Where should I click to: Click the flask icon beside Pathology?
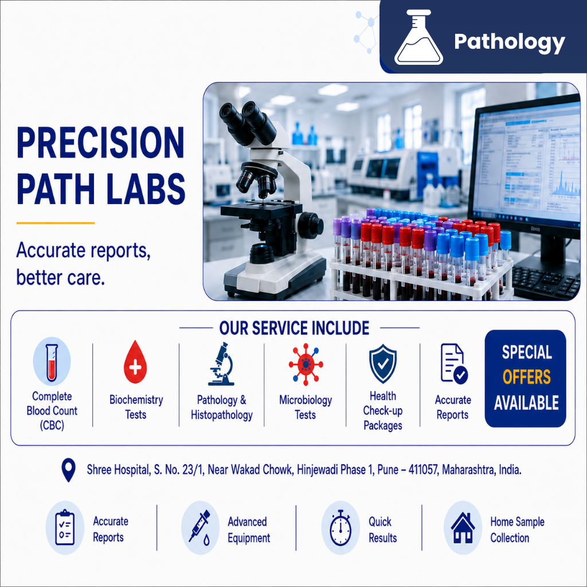pos(418,37)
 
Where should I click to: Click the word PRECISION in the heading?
pos(100,143)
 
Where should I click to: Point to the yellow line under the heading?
pos(56,223)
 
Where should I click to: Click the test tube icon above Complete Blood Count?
pos(52,362)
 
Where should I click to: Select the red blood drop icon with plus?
pos(135,362)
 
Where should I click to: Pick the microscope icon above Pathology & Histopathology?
pos(222,364)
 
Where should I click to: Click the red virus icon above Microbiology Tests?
pos(306,364)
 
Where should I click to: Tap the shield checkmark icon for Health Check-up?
pos(382,363)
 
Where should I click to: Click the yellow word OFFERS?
pos(526,377)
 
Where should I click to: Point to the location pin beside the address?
pos(69,470)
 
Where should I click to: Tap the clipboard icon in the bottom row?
pos(65,528)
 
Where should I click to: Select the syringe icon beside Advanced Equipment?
pos(199,527)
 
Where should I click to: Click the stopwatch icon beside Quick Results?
pos(341,528)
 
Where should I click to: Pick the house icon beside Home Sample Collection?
pos(463,528)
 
